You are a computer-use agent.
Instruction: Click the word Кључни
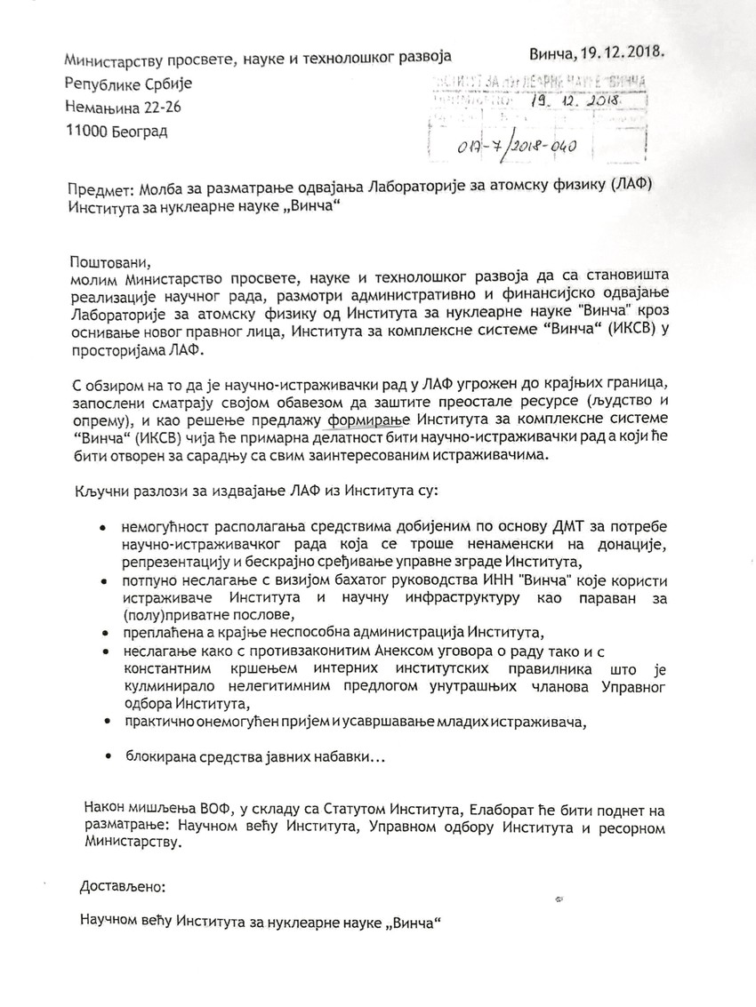[96, 490]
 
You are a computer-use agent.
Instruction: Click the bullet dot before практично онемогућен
[108, 720]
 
